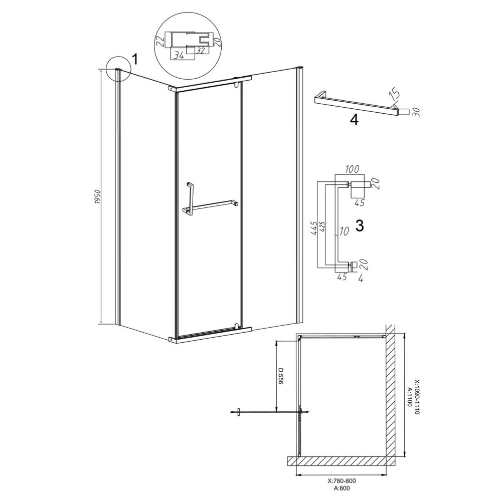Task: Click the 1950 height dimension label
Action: coord(98,198)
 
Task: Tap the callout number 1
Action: coord(135,59)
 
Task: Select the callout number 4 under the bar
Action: coord(354,120)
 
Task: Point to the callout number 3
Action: coord(360,226)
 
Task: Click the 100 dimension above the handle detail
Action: coord(352,169)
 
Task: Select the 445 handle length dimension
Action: coord(314,228)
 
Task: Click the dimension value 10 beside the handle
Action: coord(344,231)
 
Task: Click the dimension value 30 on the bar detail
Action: coord(416,112)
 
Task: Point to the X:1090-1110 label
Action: coord(417,396)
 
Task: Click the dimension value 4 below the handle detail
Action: coord(361,278)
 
